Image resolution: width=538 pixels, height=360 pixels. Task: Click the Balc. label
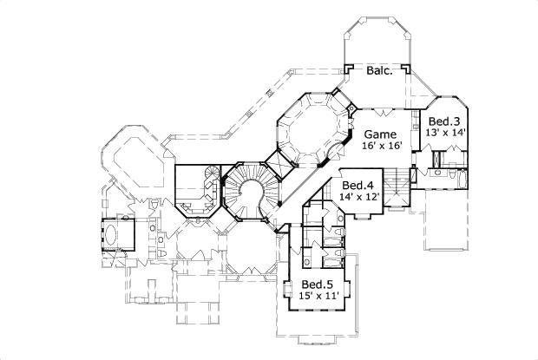(379, 71)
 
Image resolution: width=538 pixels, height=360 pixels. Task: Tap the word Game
(380, 134)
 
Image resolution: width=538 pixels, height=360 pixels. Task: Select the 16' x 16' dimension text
(380, 147)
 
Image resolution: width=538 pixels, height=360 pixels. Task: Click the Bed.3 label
(446, 121)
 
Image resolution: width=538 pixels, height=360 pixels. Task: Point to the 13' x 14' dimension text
(446, 133)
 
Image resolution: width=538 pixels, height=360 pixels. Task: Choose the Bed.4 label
(358, 185)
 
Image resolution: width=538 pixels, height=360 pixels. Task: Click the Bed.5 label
(317, 285)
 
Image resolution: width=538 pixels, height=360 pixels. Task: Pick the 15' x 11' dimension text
(317, 297)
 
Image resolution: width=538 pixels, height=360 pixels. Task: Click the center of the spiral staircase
(251, 193)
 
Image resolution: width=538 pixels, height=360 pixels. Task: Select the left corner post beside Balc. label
(348, 69)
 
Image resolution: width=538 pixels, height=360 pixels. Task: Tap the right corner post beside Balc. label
(411, 69)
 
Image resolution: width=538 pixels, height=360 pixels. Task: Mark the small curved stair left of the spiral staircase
(207, 185)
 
